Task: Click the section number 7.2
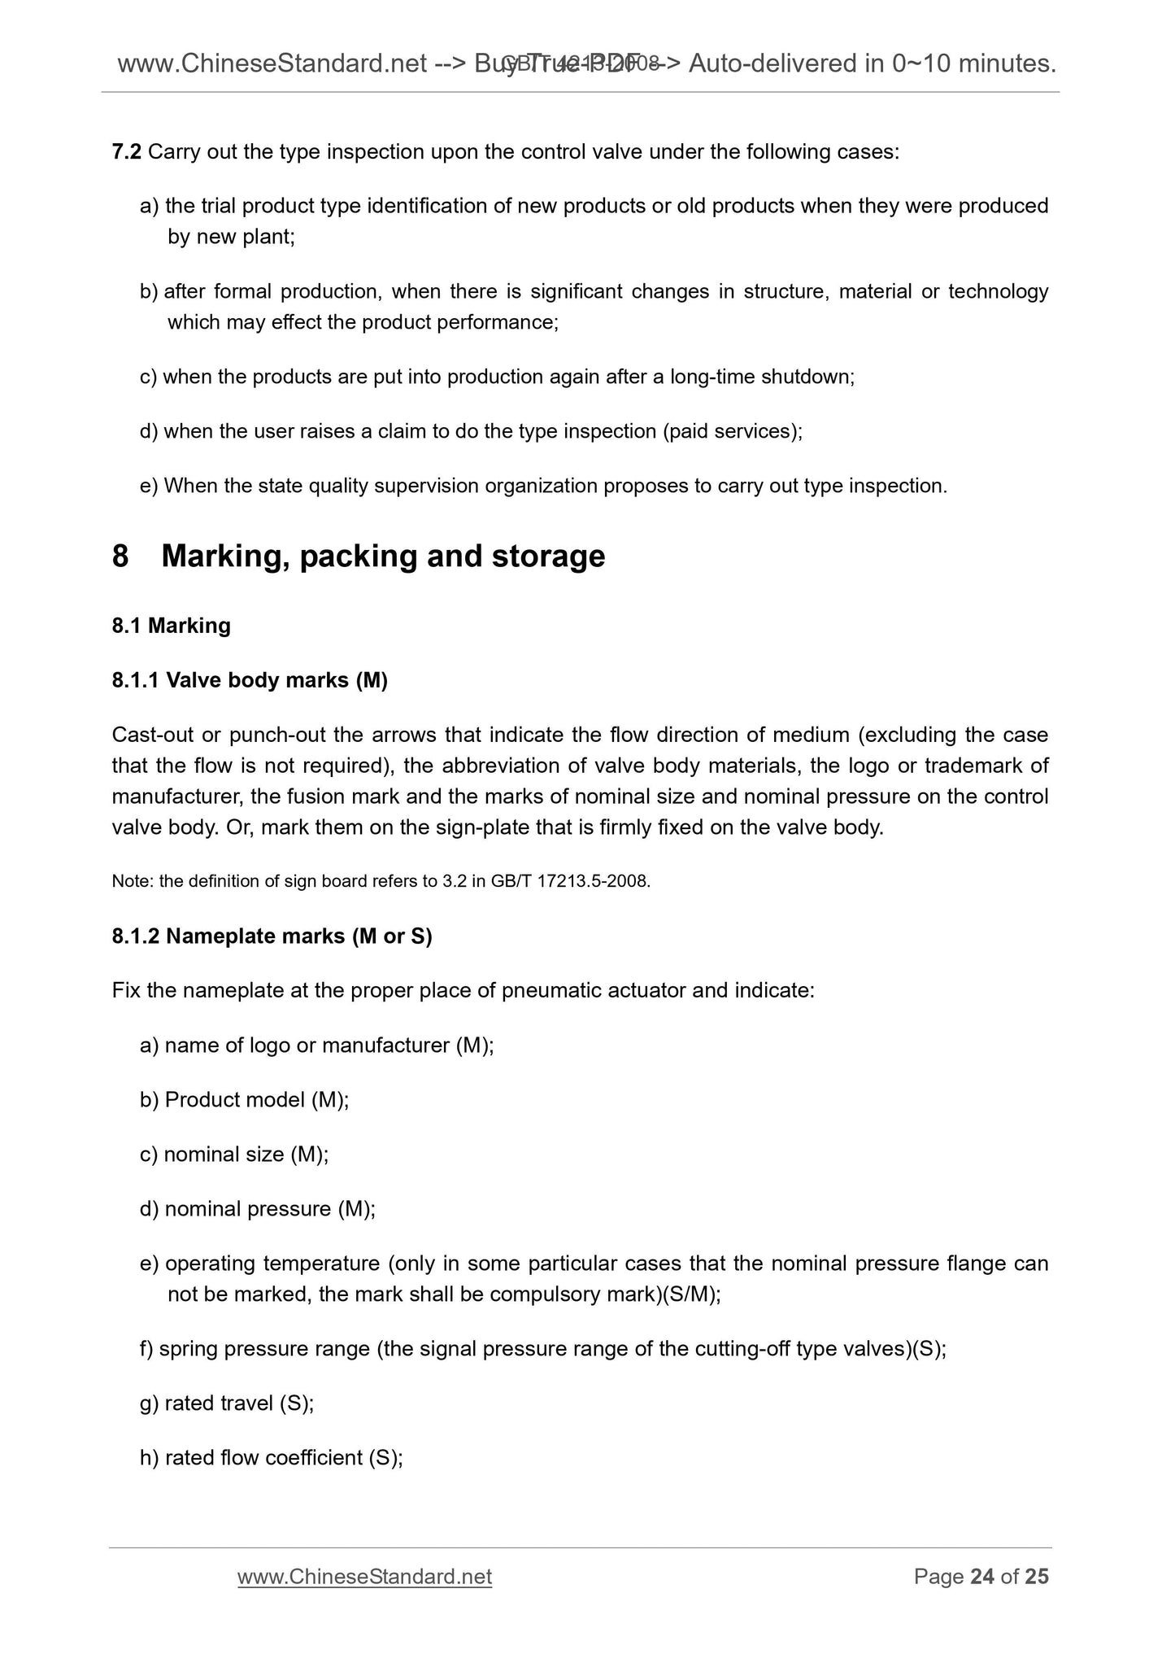coord(127,152)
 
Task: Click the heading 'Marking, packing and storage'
coord(383,557)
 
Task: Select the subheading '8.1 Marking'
coord(172,626)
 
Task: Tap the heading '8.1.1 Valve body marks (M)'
coord(250,680)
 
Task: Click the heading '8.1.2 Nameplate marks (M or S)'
coord(272,936)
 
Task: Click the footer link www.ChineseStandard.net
coord(364,1577)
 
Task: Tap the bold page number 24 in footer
coord(982,1577)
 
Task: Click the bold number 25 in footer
coord(1037,1577)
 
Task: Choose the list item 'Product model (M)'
coord(256,1100)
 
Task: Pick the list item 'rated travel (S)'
coord(238,1403)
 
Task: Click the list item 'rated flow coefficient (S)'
coord(283,1458)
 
